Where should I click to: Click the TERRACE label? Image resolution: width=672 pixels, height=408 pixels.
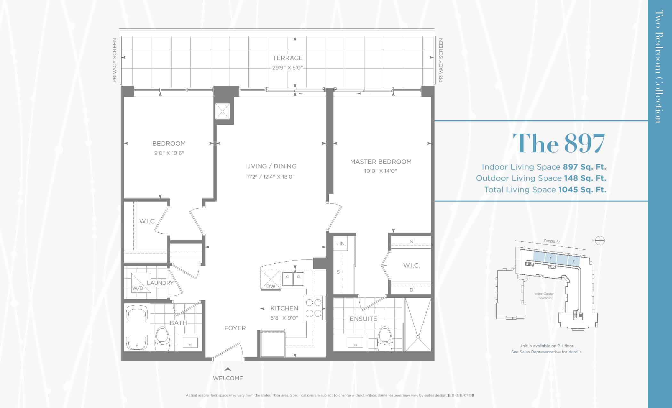(287, 58)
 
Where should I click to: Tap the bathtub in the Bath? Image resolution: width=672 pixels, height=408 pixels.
(138, 328)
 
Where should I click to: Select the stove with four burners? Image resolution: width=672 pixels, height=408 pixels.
(314, 308)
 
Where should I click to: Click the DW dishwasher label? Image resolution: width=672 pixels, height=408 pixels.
(271, 286)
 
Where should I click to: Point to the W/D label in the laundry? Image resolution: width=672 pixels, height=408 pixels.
(138, 288)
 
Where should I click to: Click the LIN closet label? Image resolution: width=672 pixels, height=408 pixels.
(340, 244)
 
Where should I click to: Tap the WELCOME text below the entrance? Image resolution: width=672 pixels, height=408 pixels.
(228, 378)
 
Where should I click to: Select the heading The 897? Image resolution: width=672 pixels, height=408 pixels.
(559, 143)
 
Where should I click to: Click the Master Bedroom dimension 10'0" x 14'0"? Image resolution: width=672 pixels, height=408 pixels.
(380, 171)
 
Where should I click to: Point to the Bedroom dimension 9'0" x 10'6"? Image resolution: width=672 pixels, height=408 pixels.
(169, 153)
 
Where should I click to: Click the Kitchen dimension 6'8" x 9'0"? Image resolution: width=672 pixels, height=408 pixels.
(284, 318)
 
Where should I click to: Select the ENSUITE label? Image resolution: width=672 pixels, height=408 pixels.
(363, 319)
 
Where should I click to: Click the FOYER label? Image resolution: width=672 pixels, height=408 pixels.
(235, 328)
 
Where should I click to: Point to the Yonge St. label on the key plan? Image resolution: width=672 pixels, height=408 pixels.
(552, 241)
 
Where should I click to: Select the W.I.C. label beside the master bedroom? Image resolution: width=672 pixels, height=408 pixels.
(412, 265)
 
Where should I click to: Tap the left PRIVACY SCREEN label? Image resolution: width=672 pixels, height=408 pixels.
(114, 60)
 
